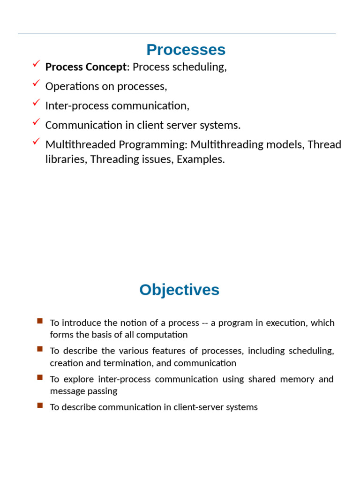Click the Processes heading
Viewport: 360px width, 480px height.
pos(186,50)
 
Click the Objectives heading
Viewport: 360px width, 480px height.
pos(179,290)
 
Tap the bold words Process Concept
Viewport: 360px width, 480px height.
pos(86,67)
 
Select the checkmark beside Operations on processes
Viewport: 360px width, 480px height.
pos(36,83)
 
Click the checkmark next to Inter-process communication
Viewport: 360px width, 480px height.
pos(36,102)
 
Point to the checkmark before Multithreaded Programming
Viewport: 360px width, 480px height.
pos(36,141)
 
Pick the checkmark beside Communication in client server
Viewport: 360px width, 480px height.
pos(36,122)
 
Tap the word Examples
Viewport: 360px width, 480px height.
pos(200,159)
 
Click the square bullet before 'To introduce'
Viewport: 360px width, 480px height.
pos(40,321)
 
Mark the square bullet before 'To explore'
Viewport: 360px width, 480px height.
pos(40,377)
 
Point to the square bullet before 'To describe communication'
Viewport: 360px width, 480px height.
pos(40,405)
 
